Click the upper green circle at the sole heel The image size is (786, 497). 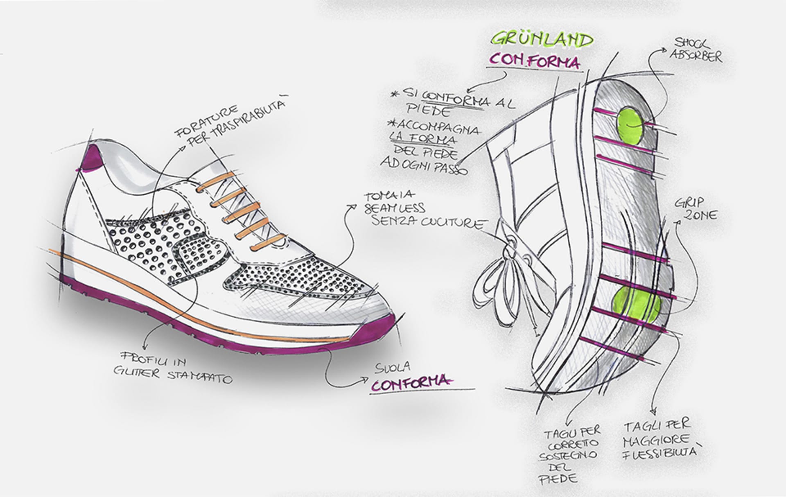631,124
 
